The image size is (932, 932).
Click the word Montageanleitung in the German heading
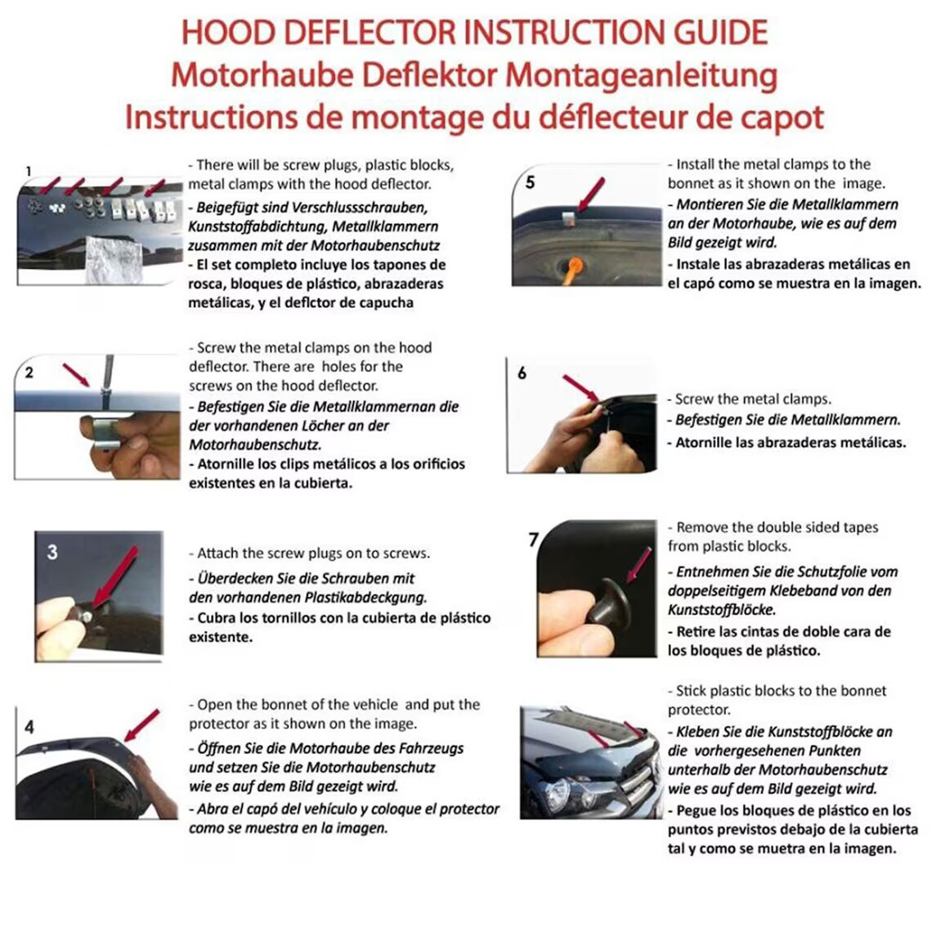pos(641,75)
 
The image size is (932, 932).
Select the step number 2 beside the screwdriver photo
pos(29,373)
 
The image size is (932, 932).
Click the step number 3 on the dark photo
pos(52,552)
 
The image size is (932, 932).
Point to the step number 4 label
pos(29,727)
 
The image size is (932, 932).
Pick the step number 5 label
pos(530,181)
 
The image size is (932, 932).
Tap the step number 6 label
pos(522,373)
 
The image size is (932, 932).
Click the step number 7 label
pos(533,540)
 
